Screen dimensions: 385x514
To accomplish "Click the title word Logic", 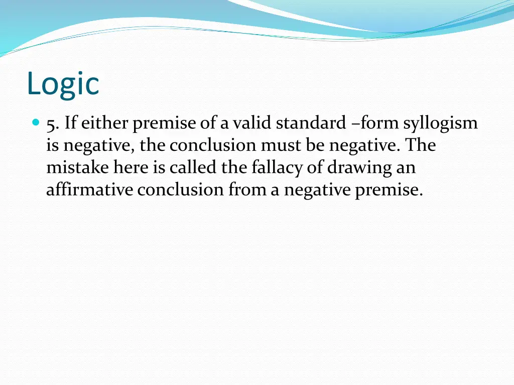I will click(63, 84).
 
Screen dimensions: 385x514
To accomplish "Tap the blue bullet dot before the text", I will click(35, 122).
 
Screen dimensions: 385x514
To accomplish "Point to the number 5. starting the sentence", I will click(52, 123).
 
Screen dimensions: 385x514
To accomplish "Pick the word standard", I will click(311, 123).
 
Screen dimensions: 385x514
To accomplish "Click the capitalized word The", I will click(421, 145).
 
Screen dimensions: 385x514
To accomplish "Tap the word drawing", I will click(358, 168).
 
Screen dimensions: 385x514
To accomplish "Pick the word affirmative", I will click(89, 190).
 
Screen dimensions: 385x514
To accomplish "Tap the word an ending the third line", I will click(406, 168).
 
